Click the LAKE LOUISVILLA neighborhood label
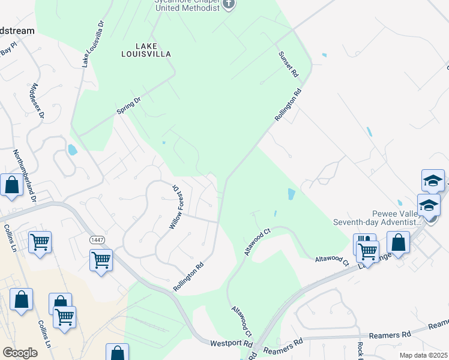point(145,49)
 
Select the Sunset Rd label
point(288,64)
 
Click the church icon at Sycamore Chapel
point(228,5)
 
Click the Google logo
point(20,353)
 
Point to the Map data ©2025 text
point(423,355)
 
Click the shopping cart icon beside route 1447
point(101,260)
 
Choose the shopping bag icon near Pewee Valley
point(398,242)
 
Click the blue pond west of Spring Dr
point(73,149)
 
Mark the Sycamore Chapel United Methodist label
point(186,5)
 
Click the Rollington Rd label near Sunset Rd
point(288,106)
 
